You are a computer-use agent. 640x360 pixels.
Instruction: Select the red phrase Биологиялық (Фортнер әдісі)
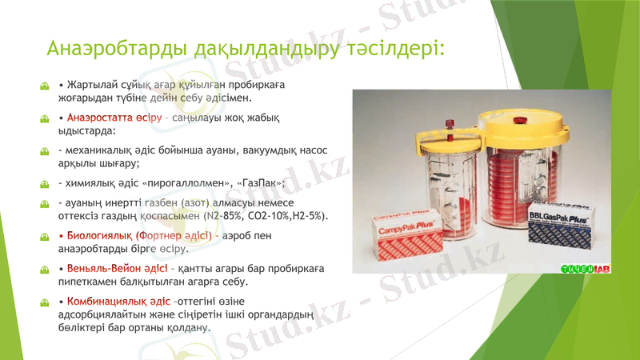(x=136, y=236)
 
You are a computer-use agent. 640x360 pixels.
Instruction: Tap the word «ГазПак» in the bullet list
(x=255, y=182)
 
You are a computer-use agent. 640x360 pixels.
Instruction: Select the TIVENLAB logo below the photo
(x=586, y=268)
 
